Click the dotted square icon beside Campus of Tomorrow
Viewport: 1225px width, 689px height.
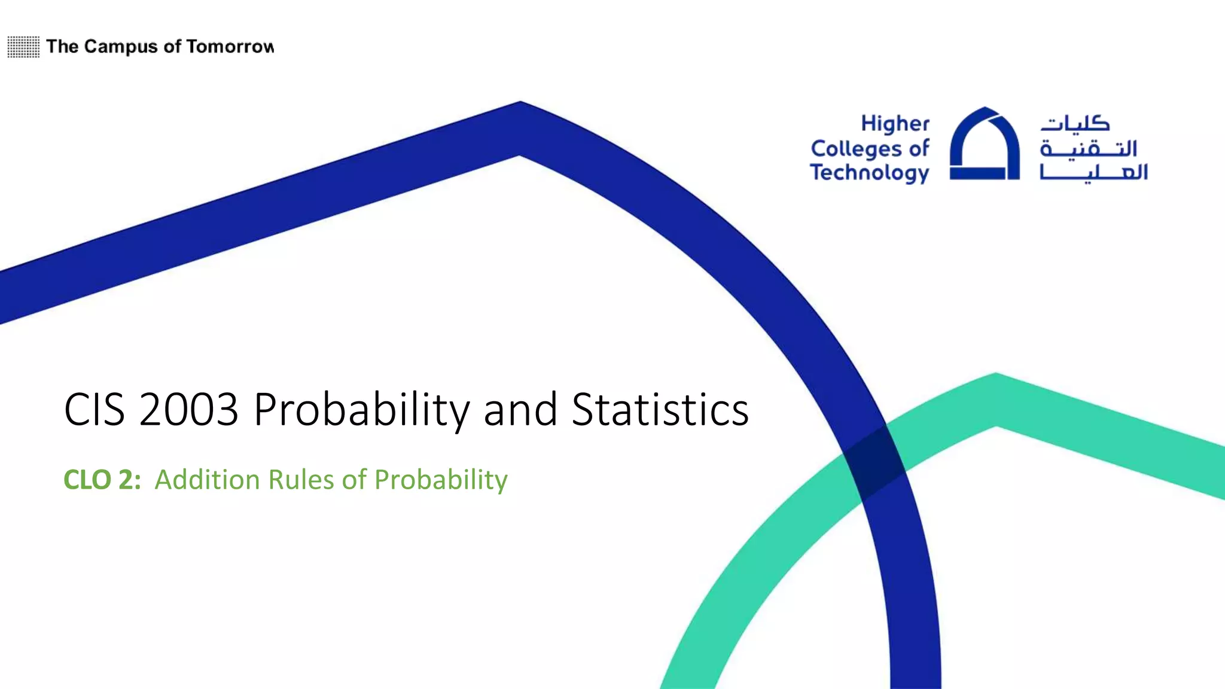point(23,47)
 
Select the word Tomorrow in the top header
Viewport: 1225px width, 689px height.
point(230,47)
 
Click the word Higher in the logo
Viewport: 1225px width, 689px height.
point(895,124)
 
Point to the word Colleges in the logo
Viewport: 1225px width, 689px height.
point(857,148)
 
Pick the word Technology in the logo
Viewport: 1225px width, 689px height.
point(869,173)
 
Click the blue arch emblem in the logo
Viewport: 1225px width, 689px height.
point(985,144)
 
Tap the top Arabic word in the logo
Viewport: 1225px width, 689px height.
point(1075,123)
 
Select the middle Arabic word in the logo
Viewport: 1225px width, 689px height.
point(1088,148)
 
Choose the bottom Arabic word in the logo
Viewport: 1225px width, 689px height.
point(1093,172)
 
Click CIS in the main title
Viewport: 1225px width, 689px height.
point(95,410)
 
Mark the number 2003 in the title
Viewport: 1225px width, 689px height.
point(188,410)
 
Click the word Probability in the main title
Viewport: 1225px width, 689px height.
point(362,411)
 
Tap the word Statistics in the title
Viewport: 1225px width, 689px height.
point(660,410)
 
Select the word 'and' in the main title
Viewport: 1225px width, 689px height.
point(520,410)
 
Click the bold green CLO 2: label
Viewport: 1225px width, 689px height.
point(102,480)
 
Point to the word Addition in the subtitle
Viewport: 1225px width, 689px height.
point(207,480)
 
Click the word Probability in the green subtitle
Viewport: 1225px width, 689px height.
point(441,480)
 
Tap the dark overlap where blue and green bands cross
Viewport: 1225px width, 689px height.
point(874,462)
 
